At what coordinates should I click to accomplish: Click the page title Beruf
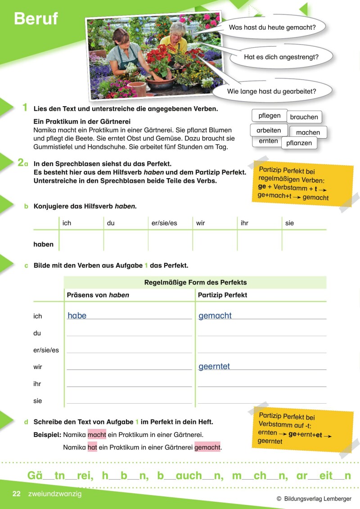tap(36, 18)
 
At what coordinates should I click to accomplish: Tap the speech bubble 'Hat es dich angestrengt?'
tap(281, 57)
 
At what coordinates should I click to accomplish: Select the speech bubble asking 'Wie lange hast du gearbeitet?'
tap(271, 91)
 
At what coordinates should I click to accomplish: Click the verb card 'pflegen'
tap(269, 116)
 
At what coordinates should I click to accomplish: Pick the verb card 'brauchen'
tap(304, 117)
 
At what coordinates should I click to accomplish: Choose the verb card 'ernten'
tap(268, 141)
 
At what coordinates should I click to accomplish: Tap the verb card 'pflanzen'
tap(299, 143)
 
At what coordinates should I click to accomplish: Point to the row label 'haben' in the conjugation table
tap(43, 244)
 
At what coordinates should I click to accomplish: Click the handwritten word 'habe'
tap(77, 315)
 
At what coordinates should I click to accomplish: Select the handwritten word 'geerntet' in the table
tap(214, 366)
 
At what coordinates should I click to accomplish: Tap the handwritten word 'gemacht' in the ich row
tap(215, 315)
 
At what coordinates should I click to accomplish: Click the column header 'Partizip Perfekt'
tap(223, 295)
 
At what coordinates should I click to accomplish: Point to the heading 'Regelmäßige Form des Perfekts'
tap(195, 283)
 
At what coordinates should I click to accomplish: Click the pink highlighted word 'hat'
tap(92, 447)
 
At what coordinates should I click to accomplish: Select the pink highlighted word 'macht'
tap(97, 435)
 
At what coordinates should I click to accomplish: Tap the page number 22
tap(17, 494)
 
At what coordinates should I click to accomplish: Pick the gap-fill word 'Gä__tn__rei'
tap(60, 476)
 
